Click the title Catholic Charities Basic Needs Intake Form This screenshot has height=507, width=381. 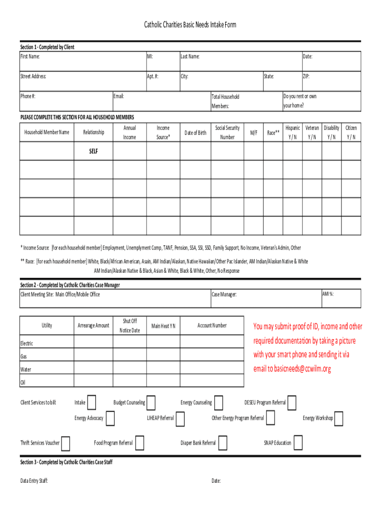point(190,24)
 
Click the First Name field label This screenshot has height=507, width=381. point(30,56)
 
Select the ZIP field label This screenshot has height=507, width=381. point(306,76)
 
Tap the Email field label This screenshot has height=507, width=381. point(119,96)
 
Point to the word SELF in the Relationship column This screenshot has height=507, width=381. point(94,152)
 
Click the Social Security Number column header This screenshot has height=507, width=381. point(227,132)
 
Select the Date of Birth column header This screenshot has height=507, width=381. point(195,133)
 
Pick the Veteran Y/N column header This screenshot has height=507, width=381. point(312,132)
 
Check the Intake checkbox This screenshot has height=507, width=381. point(92,403)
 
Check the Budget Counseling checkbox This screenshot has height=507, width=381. point(151,403)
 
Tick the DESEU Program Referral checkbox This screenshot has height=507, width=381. point(292,403)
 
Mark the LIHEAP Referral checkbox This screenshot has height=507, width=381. point(180,418)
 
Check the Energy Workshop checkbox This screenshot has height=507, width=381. point(339,418)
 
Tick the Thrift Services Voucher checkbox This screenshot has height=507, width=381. point(65,443)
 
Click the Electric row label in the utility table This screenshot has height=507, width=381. point(27,343)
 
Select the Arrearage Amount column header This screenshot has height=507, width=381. point(94,325)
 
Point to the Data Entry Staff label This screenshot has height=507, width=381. point(34,481)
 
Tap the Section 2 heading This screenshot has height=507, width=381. point(70,285)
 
